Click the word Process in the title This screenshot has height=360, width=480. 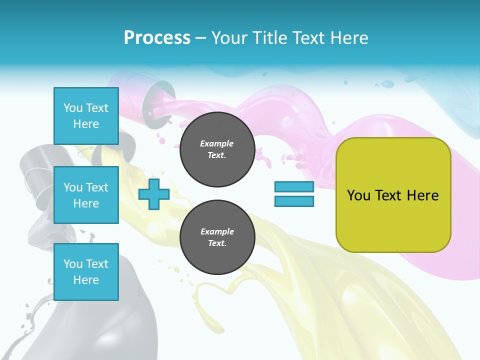pos(157,38)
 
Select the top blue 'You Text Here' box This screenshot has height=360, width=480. pos(86,116)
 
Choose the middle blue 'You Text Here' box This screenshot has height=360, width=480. pos(86,195)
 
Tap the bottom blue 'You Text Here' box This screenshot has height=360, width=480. pos(86,271)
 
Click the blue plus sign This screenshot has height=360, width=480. pos(153,194)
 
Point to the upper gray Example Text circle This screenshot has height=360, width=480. pos(217,149)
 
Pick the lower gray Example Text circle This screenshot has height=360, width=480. pos(217,237)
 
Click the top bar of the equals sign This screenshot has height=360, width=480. pos(294,187)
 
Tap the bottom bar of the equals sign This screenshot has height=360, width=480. pos(294,201)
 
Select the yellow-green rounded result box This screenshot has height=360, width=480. pos(393,220)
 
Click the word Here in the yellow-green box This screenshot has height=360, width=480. pos(422,195)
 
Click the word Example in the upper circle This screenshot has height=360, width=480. pos(217,143)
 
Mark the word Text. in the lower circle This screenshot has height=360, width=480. pos(217,243)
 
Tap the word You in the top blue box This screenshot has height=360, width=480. pos(72,108)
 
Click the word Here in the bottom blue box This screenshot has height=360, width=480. pos(86,280)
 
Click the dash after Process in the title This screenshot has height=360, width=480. pos(200,38)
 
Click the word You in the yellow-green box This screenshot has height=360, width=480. pos(358,195)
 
